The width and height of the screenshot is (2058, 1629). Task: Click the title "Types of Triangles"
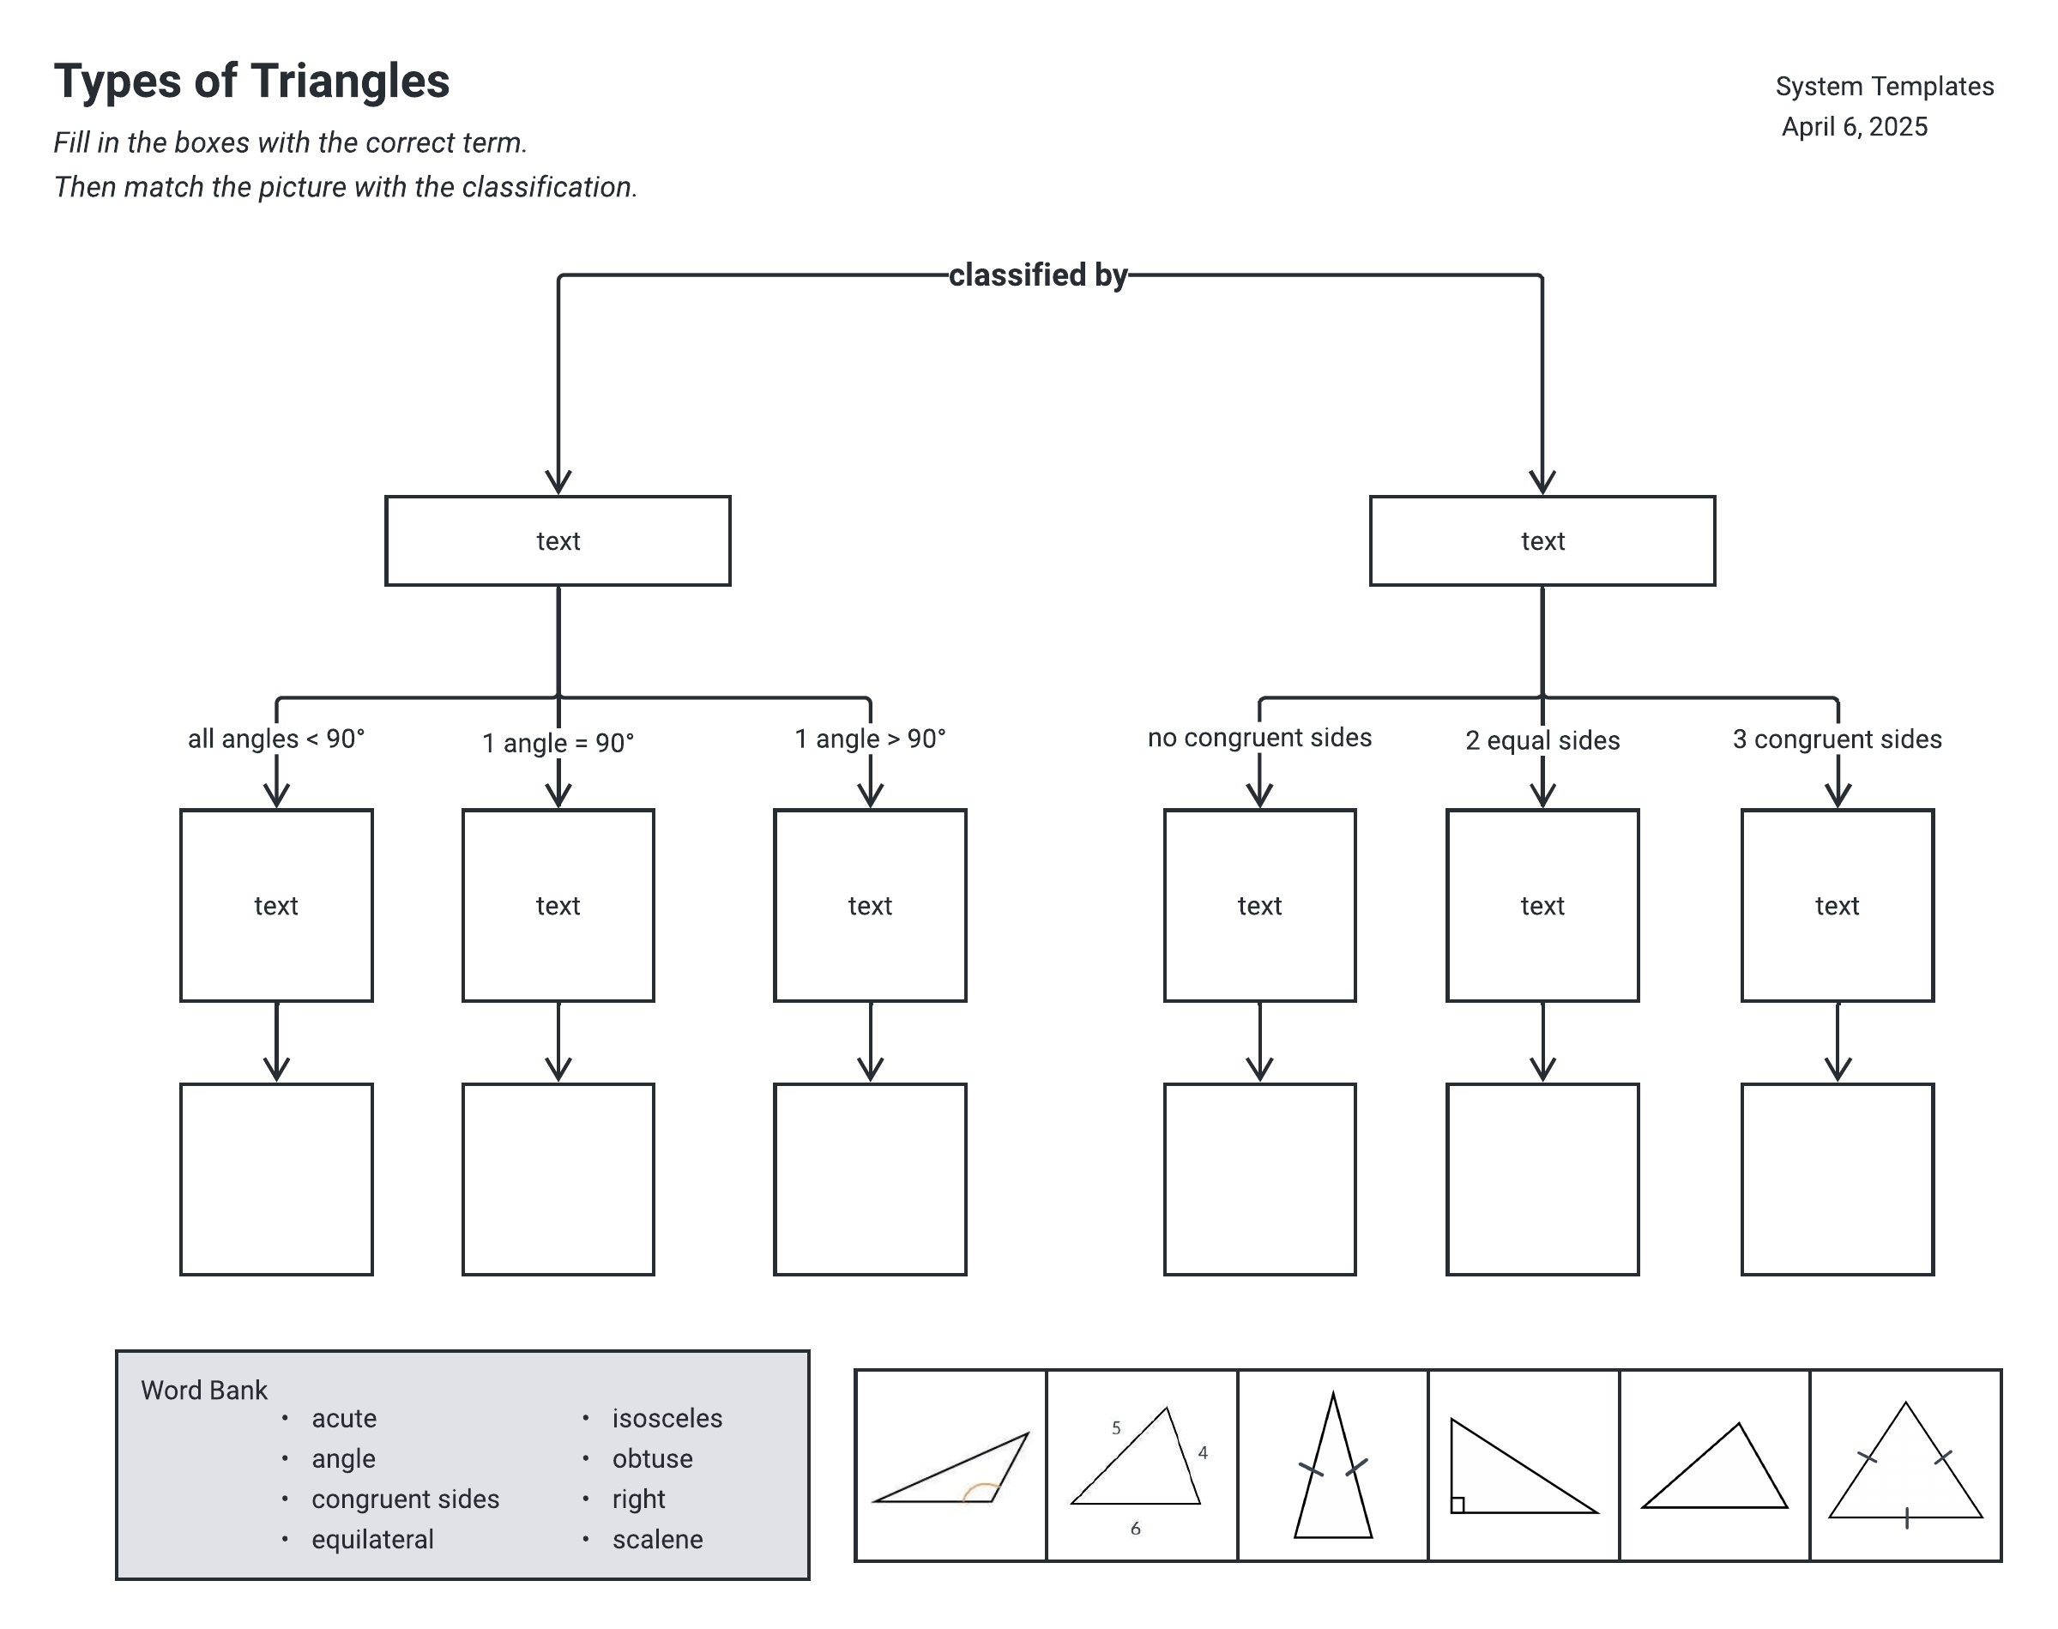pos(251,81)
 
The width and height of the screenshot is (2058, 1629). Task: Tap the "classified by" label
pos(1038,275)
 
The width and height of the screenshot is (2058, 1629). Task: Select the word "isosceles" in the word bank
pos(667,1418)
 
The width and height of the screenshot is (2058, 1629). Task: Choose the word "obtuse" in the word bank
pos(652,1458)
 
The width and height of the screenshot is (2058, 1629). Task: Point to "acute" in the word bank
pos(343,1418)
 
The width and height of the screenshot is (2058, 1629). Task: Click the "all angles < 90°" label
pos(275,739)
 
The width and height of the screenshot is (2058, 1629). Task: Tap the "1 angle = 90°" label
pos(558,743)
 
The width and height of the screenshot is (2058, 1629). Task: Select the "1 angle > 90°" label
pos(870,739)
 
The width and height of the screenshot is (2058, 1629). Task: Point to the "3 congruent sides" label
pos(1837,739)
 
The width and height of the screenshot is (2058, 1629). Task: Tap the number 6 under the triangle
pos(1135,1529)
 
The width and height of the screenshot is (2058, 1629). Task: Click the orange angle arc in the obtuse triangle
pos(980,1491)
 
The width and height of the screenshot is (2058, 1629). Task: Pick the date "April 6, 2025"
pos(1854,127)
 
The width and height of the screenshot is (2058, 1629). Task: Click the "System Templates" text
pos(1885,87)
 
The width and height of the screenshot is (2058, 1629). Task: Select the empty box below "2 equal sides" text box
pos(1542,1179)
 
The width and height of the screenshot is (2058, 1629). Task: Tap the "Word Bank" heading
pos(204,1391)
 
